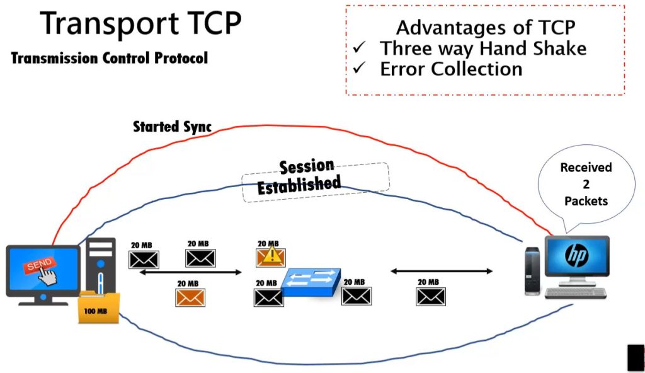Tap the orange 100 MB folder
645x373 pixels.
(98, 308)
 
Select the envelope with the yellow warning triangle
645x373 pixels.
(270, 256)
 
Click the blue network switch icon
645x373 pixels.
(312, 282)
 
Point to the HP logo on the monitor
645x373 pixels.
(576, 255)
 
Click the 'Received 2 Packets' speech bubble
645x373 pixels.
(586, 184)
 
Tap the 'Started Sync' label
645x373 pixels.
(171, 126)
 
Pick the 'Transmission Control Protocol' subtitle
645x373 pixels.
(110, 59)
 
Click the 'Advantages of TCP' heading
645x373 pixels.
(485, 28)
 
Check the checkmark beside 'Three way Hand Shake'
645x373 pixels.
(360, 48)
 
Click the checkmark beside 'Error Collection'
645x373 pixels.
(360, 69)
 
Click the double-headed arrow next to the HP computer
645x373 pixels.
(441, 271)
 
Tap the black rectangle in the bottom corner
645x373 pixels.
(635, 357)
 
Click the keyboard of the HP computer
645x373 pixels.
(576, 293)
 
